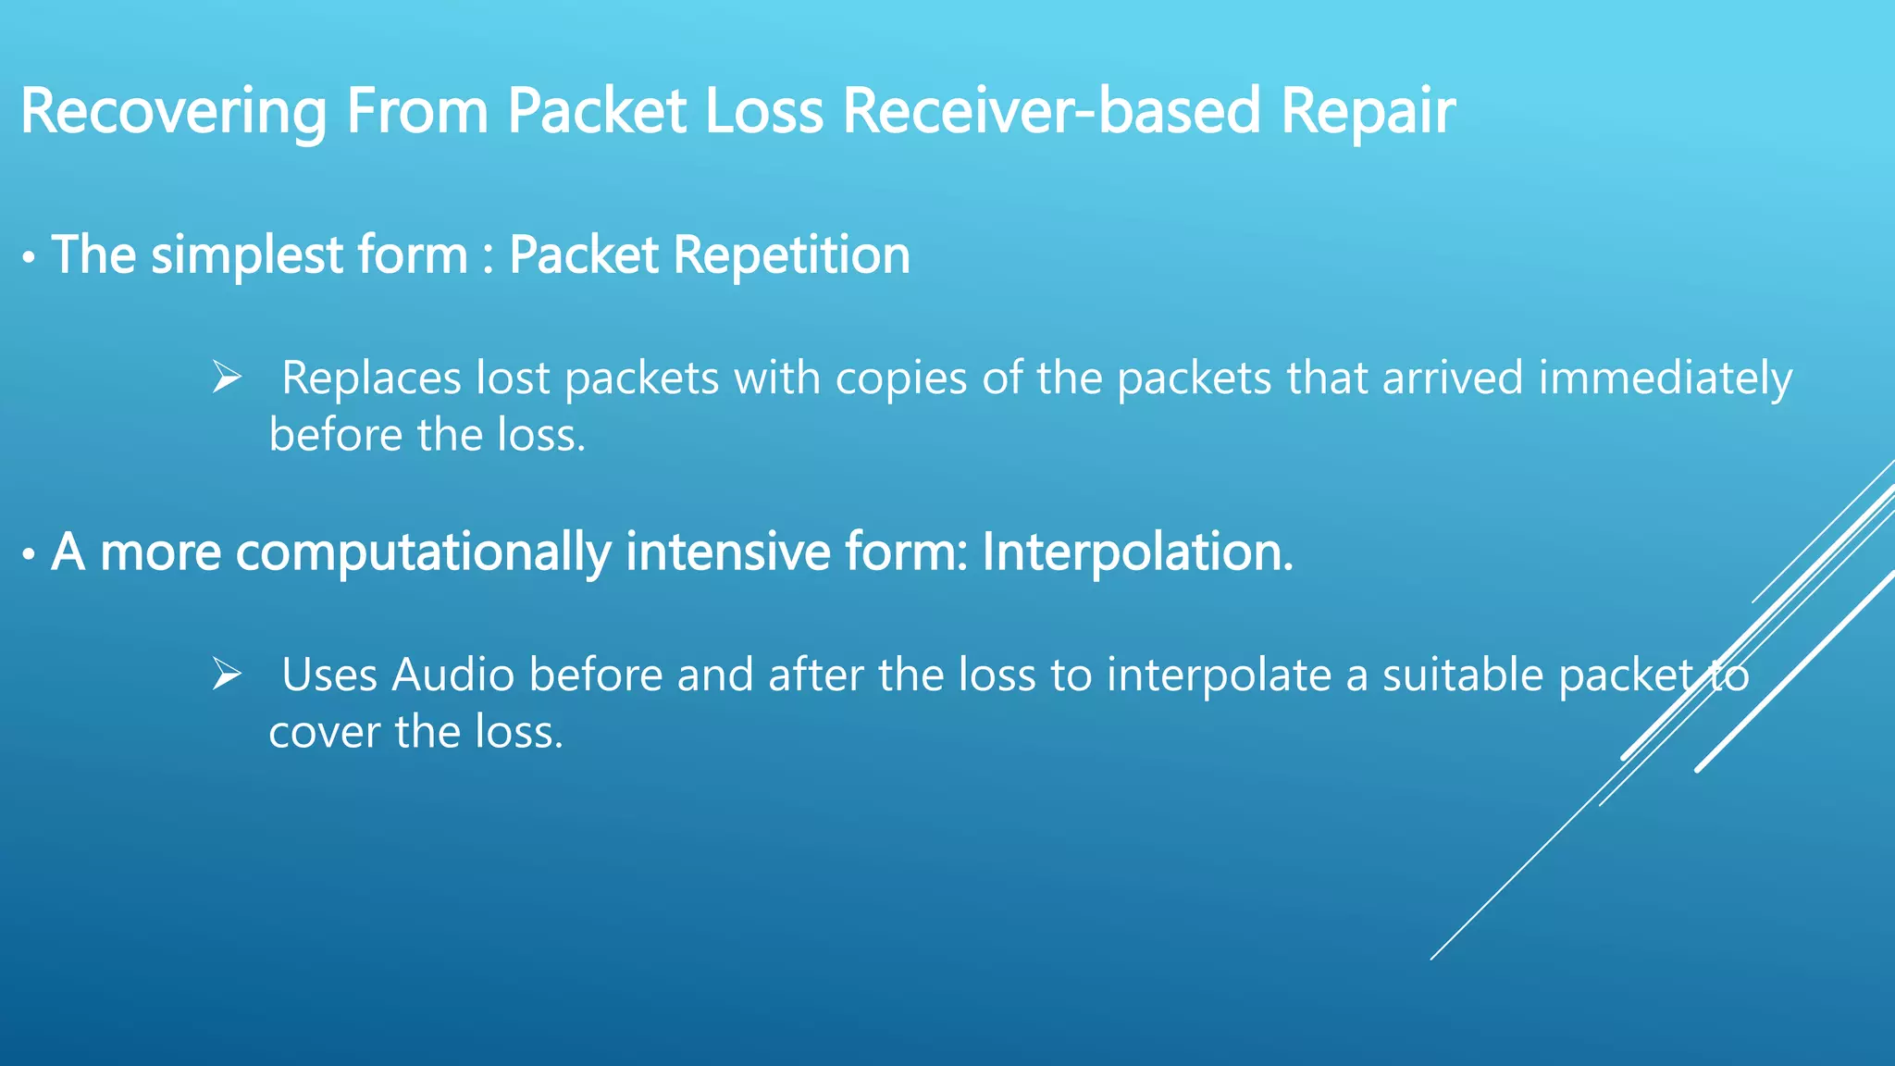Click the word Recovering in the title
(x=173, y=112)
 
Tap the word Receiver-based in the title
(x=1051, y=112)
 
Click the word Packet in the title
(x=597, y=112)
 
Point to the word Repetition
(x=792, y=255)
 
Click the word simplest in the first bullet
(x=247, y=255)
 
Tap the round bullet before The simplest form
(x=30, y=258)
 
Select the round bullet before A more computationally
(x=30, y=555)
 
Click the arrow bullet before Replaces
(x=227, y=378)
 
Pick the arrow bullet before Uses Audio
(x=227, y=675)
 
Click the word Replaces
(x=371, y=378)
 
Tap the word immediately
(x=1666, y=378)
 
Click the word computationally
(x=423, y=552)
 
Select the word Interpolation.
(x=1137, y=552)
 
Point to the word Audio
(x=453, y=675)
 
